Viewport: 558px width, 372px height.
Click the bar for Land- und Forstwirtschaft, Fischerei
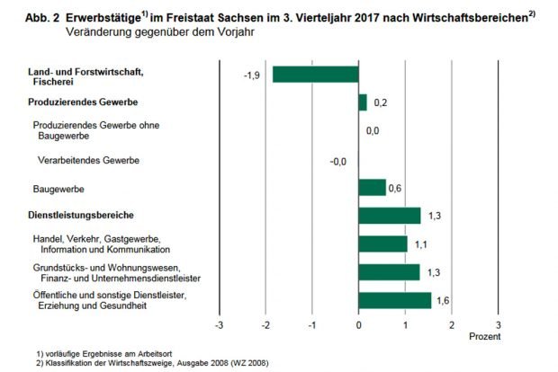click(x=315, y=74)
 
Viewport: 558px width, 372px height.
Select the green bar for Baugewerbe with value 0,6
click(x=372, y=187)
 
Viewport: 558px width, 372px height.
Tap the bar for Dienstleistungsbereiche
click(x=389, y=216)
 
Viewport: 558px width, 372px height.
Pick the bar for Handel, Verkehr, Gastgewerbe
click(x=382, y=244)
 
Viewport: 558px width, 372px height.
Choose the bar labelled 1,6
click(x=394, y=299)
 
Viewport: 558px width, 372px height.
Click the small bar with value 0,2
click(x=363, y=102)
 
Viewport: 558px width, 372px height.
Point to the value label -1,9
click(x=253, y=75)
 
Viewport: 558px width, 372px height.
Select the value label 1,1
click(x=422, y=244)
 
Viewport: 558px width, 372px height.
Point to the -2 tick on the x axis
click(x=265, y=323)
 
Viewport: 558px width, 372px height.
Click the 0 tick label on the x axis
click(x=358, y=323)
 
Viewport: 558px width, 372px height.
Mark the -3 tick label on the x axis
click(x=219, y=323)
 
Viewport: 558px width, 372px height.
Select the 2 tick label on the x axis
click(x=452, y=323)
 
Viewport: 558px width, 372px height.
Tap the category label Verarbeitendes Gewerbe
click(x=85, y=160)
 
